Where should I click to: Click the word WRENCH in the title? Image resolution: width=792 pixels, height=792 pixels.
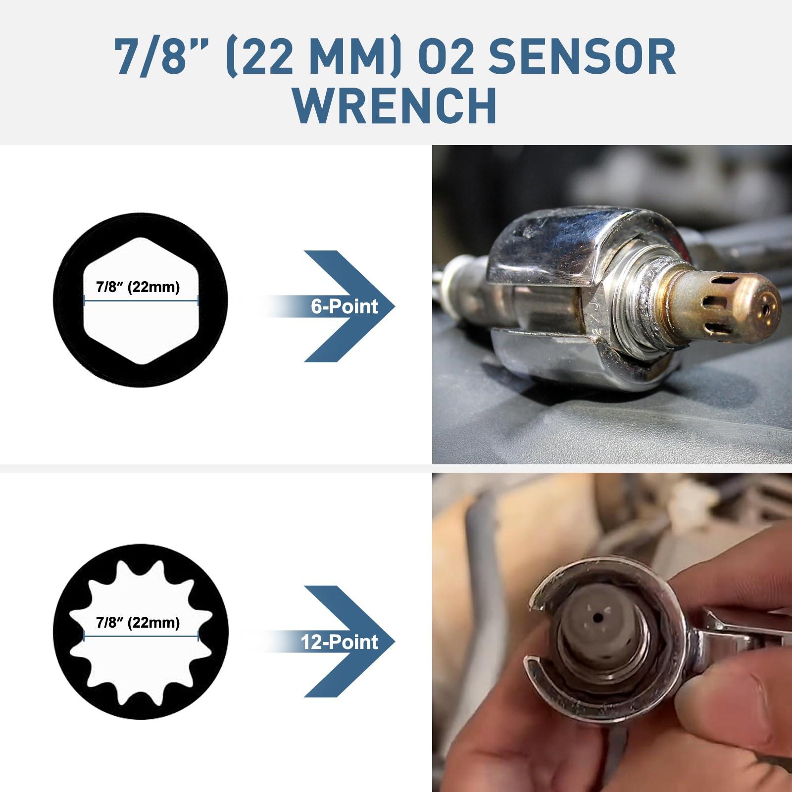click(396, 106)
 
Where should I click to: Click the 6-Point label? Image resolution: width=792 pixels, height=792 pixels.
click(344, 307)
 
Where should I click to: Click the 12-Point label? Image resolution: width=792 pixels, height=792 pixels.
click(339, 642)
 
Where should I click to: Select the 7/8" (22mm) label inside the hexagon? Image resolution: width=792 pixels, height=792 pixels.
click(138, 287)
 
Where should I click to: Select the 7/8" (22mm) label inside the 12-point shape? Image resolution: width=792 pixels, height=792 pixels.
click(138, 622)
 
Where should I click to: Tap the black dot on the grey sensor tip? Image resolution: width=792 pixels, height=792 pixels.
click(598, 618)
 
